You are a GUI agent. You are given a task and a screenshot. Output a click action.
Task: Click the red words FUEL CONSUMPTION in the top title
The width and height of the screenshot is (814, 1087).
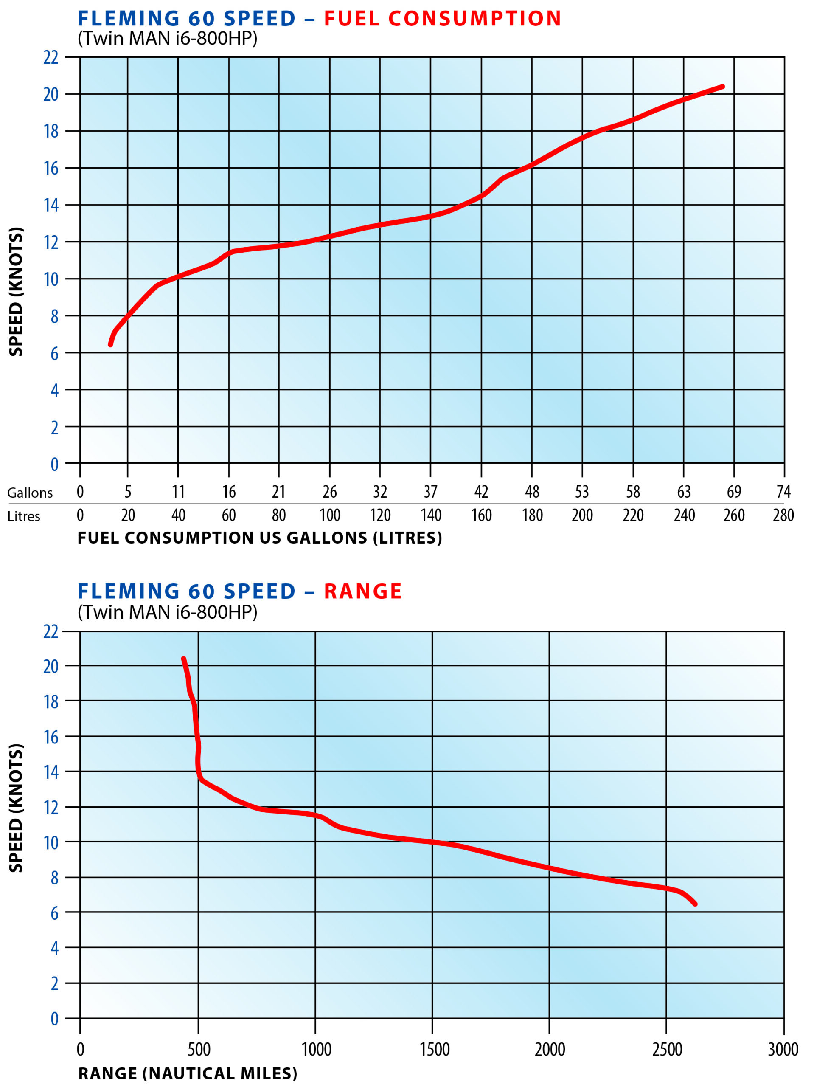tap(442, 19)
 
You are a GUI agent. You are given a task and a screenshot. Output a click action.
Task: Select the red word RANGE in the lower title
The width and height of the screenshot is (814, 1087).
tap(362, 591)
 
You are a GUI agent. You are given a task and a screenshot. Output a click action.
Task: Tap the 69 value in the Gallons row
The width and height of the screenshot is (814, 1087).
tap(733, 491)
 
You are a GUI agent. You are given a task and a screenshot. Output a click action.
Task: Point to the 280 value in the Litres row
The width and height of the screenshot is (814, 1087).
tap(783, 515)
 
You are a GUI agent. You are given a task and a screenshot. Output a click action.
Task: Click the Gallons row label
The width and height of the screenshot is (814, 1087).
tap(30, 493)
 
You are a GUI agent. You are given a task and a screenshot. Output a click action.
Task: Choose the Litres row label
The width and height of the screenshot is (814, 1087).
tap(24, 516)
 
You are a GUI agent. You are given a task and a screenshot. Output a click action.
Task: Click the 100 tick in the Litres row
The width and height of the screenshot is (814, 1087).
tap(330, 515)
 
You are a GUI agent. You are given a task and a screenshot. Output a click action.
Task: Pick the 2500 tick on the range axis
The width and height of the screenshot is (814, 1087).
tap(667, 1050)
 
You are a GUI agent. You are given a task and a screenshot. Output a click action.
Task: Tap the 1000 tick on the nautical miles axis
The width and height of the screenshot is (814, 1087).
tap(316, 1050)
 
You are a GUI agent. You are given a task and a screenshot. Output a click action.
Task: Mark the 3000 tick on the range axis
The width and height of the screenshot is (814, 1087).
tap(783, 1050)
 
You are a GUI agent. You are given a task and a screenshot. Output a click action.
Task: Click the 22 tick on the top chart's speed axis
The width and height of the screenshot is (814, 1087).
tap(51, 57)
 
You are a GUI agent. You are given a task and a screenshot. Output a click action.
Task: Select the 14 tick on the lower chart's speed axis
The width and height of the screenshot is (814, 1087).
tap(51, 772)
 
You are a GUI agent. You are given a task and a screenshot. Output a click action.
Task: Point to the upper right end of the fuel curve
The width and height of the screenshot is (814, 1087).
tap(722, 87)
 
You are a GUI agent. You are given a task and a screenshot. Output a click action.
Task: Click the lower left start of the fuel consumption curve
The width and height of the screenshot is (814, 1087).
tap(110, 344)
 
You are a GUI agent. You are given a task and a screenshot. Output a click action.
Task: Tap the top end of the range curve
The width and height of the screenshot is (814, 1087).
tap(184, 659)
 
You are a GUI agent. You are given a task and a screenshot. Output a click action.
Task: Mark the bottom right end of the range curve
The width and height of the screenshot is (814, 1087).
tap(695, 903)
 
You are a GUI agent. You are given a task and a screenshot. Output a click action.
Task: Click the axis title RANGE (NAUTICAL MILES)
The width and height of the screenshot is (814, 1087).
tap(188, 1074)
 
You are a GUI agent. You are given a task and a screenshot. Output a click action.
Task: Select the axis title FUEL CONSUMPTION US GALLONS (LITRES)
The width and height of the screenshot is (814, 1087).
tap(260, 538)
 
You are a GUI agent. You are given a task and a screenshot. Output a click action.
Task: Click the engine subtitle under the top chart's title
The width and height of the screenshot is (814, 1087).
tap(167, 38)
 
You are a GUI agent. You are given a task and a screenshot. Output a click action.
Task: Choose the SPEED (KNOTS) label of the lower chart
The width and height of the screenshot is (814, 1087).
tap(16, 808)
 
